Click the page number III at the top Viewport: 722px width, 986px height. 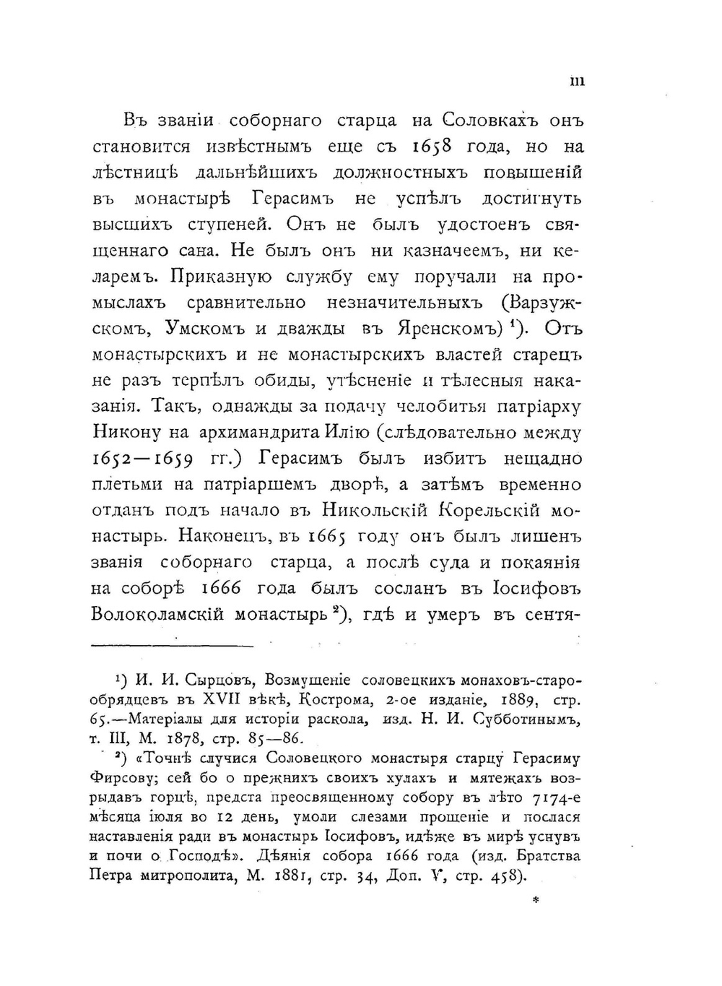[577, 82]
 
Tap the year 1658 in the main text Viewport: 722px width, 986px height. [431, 147]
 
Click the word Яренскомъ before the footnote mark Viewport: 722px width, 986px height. [449, 329]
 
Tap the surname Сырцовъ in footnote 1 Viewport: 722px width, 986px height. [217, 680]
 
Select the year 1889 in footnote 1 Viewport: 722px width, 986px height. [530, 700]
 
